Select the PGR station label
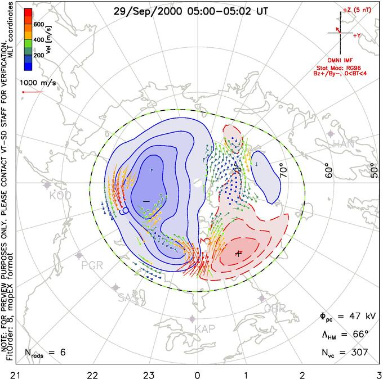(x=92, y=264)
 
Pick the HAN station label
(x=344, y=144)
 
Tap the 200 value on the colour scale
(x=39, y=56)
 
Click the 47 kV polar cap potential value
(x=354, y=317)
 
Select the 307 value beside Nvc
(x=359, y=352)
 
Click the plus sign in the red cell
(x=238, y=253)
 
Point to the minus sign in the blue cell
(x=146, y=201)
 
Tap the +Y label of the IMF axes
(x=357, y=35)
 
